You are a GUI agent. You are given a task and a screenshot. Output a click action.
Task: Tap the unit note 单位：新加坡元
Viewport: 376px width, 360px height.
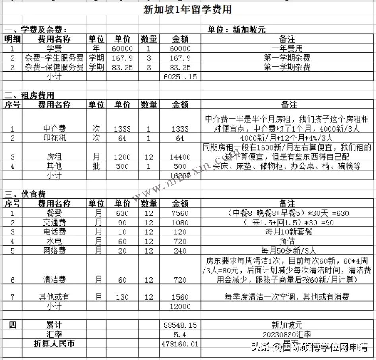tap(236, 30)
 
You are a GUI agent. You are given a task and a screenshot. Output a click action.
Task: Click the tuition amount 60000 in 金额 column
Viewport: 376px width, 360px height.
tap(180, 49)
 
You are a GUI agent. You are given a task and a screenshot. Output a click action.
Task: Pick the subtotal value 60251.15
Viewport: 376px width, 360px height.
tap(180, 77)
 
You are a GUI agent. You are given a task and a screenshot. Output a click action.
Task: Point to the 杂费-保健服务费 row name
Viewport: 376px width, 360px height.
tap(54, 68)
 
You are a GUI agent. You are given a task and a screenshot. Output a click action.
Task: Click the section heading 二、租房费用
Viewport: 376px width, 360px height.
tap(29, 95)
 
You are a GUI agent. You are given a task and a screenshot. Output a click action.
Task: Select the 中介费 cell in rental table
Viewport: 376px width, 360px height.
tap(54, 129)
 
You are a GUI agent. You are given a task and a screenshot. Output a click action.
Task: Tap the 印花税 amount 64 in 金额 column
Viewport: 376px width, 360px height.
tap(180, 139)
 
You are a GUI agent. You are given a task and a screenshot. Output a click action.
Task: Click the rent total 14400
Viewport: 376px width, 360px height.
tap(180, 157)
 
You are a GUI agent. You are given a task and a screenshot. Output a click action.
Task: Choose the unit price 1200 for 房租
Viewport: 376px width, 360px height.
tap(122, 157)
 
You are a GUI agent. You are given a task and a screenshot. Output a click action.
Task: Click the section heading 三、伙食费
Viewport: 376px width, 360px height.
tap(25, 194)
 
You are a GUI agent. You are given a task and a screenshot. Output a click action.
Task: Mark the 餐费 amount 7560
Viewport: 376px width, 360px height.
tap(180, 213)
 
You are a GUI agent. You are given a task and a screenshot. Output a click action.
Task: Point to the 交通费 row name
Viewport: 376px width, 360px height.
tap(54, 223)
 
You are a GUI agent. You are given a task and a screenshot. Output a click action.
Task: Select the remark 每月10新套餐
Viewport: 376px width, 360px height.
tap(286, 232)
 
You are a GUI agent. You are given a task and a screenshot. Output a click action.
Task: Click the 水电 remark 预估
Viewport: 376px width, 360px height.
tap(287, 242)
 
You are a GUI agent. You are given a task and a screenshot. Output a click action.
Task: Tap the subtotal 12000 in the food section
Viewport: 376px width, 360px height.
tap(180, 306)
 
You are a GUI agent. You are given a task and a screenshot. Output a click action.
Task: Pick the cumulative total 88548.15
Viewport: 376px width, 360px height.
tap(180, 325)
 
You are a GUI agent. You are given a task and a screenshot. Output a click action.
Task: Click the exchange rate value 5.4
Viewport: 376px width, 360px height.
tap(180, 335)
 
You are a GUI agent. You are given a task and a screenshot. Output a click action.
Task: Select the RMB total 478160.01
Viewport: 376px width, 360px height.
tap(180, 344)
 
